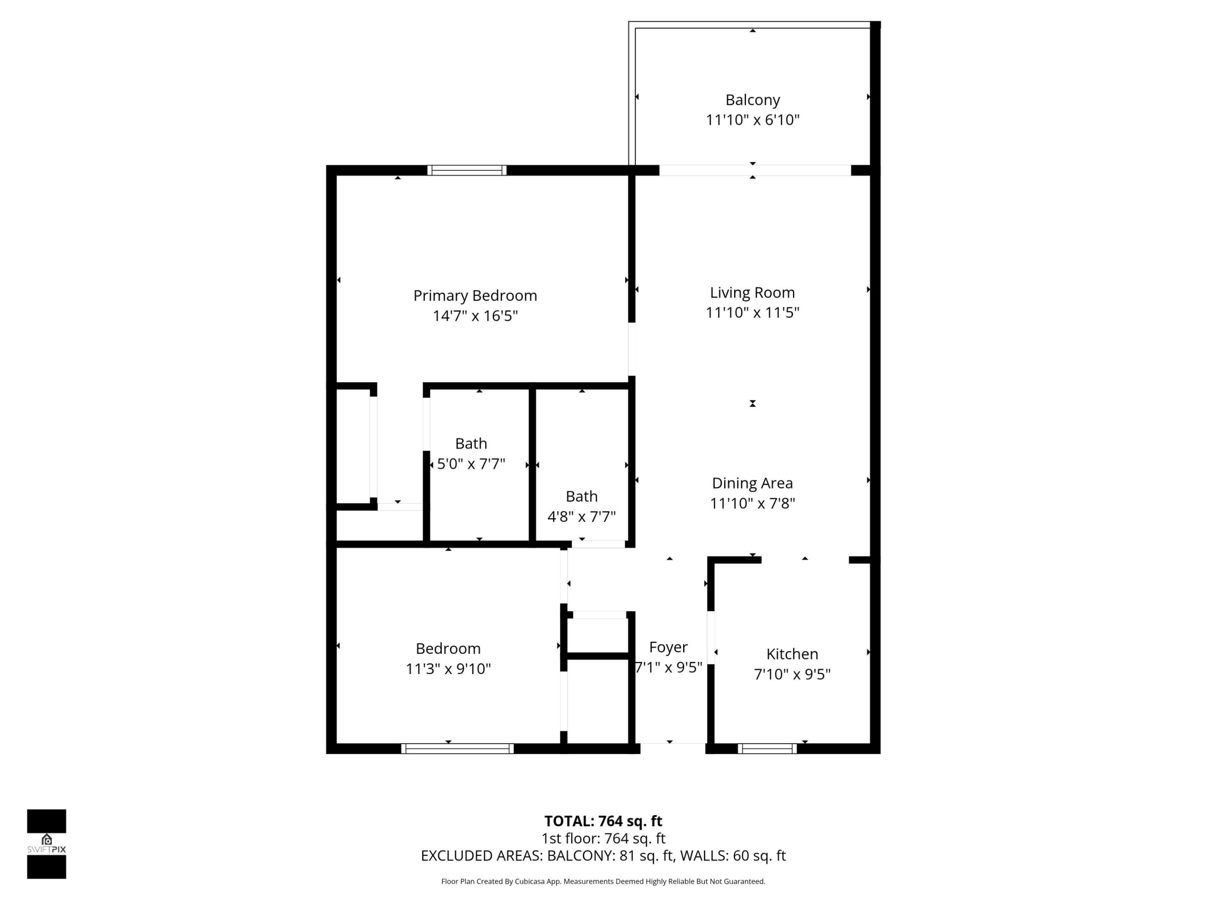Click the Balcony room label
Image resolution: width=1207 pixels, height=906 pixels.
[752, 100]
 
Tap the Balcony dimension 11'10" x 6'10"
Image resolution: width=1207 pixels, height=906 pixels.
[752, 120]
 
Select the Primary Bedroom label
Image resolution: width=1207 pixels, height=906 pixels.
[475, 295]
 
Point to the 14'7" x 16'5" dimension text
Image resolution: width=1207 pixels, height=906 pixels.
[475, 316]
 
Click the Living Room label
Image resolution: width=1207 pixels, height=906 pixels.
[752, 293]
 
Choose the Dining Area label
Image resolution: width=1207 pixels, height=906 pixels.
[752, 483]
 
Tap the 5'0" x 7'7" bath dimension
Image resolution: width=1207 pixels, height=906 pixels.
[471, 463]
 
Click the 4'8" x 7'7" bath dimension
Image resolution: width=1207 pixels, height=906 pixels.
[581, 516]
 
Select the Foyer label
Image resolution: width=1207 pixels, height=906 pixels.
[668, 647]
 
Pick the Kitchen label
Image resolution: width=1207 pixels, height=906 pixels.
[792, 653]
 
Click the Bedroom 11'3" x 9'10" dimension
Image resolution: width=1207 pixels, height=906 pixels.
[448, 669]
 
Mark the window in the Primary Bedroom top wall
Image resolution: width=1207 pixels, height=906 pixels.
[466, 170]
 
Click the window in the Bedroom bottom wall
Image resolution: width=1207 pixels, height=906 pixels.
[457, 749]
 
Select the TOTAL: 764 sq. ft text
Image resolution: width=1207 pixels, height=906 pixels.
[603, 821]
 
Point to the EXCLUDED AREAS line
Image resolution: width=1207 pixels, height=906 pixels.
[603, 856]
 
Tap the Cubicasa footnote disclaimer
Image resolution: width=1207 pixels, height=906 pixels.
[603, 881]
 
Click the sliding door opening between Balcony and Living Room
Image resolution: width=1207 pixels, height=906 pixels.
[755, 170]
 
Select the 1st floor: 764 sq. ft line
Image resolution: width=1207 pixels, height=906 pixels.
[603, 838]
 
